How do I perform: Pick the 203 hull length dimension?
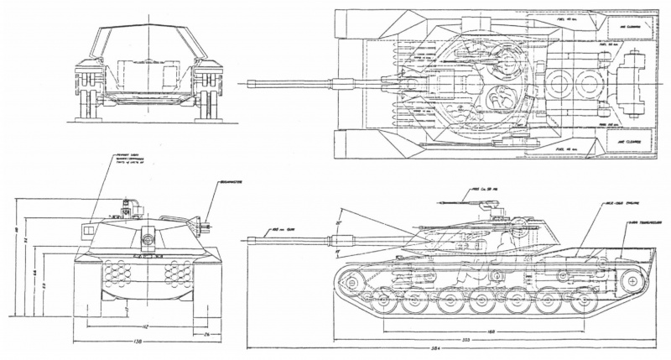[x=466, y=338]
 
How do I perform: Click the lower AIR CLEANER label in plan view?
[x=629, y=143]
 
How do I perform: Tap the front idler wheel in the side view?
[x=351, y=282]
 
